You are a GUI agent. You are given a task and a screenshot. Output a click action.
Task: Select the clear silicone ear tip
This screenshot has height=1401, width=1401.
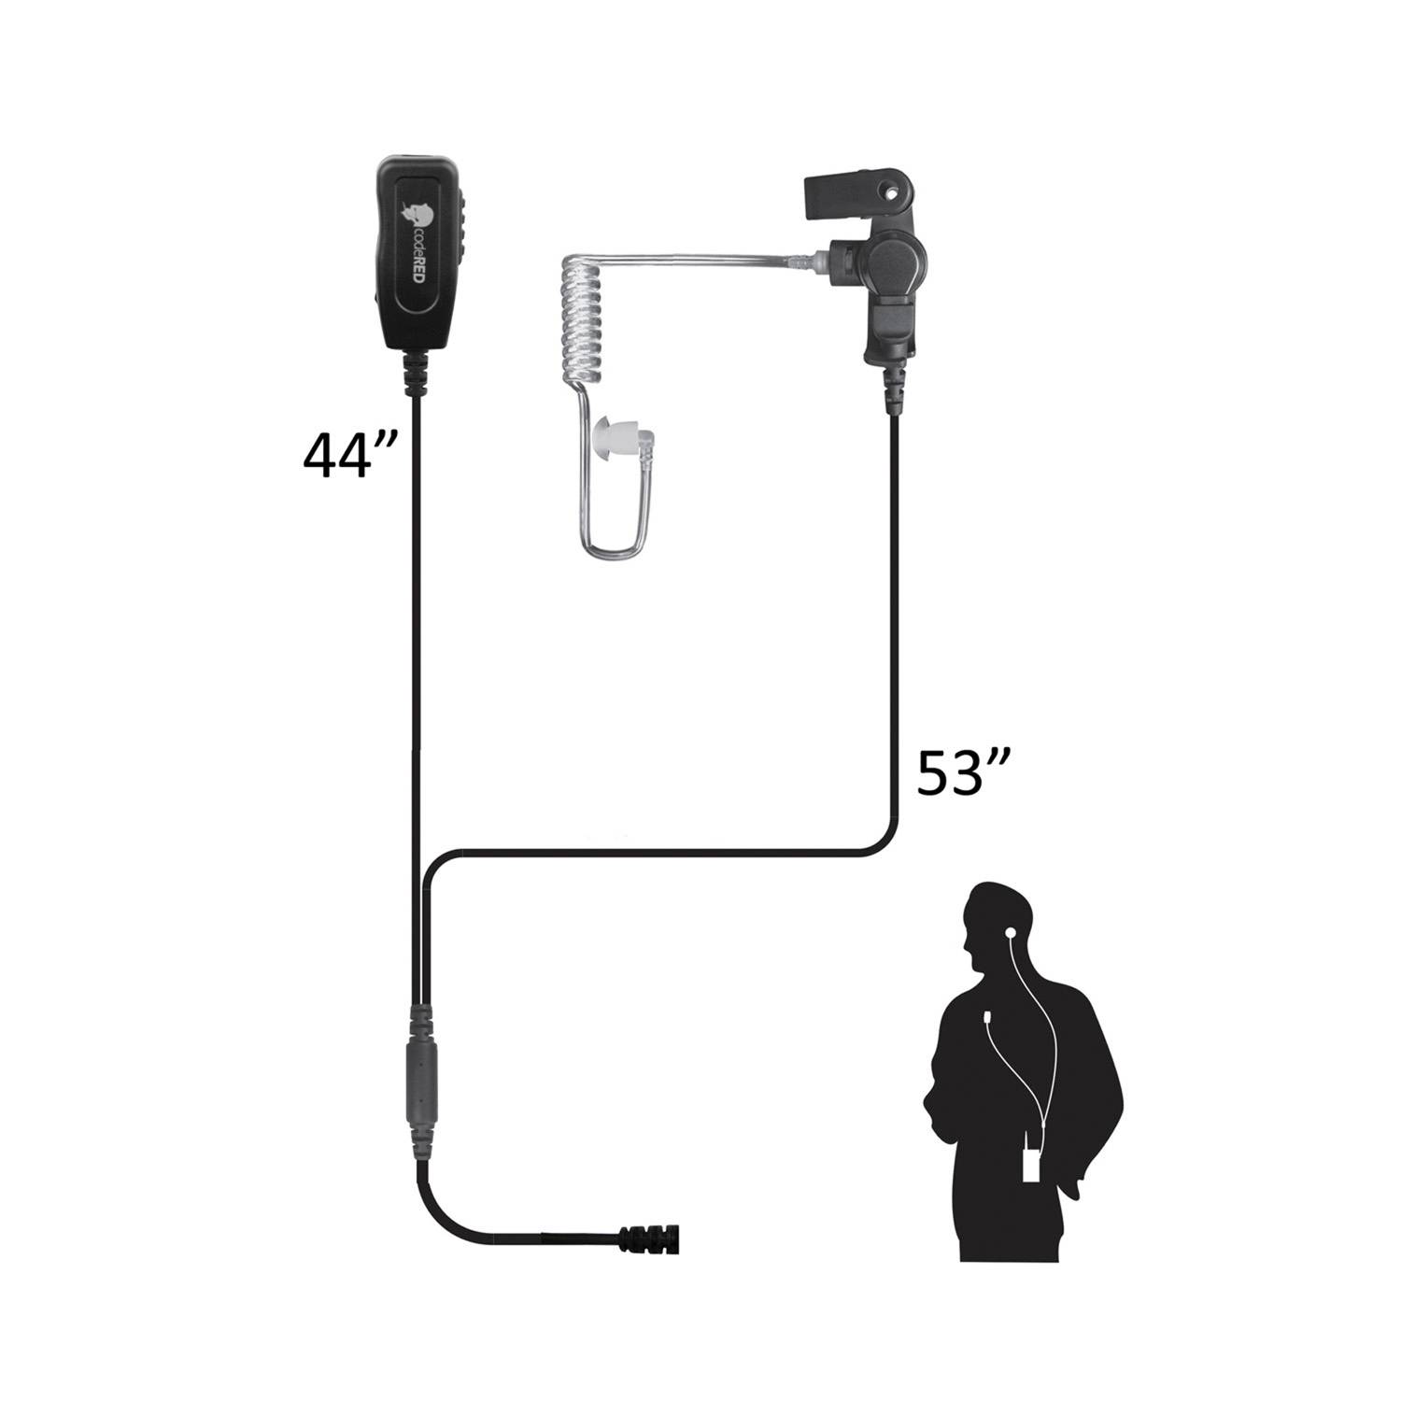[x=612, y=436]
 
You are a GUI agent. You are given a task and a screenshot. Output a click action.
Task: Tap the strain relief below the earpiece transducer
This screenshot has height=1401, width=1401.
[x=894, y=387]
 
